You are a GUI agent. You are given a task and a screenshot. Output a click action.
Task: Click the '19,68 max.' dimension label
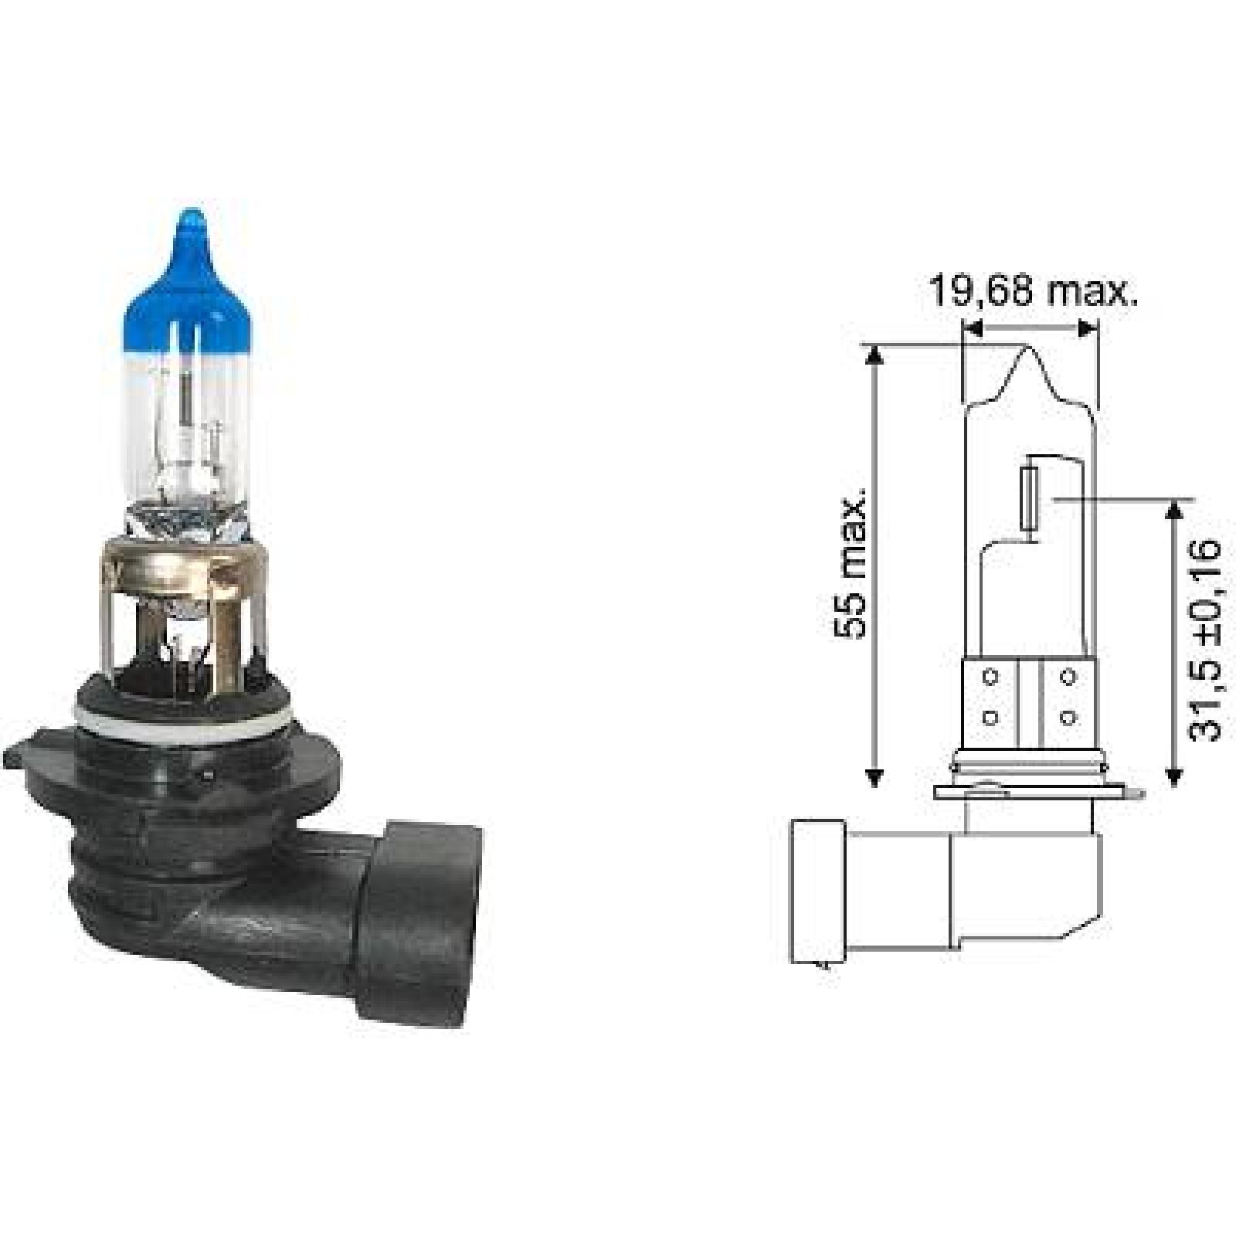click(1032, 292)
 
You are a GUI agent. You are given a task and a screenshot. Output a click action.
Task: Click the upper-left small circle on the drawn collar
click(991, 677)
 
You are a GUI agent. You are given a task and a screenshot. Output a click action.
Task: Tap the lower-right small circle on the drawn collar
click(1068, 718)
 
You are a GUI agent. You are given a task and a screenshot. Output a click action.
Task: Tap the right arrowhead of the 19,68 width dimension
click(1088, 328)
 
